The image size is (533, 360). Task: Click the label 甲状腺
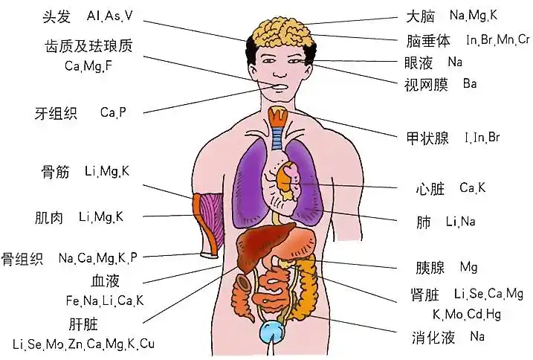(427, 138)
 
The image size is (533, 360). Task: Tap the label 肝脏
(84, 324)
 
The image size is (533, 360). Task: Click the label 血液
(105, 281)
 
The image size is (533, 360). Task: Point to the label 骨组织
(22, 259)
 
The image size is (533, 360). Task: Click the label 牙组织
(56, 114)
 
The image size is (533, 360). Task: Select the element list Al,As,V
(111, 16)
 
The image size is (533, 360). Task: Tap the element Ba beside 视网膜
(469, 83)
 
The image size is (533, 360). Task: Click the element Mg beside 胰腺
(468, 267)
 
